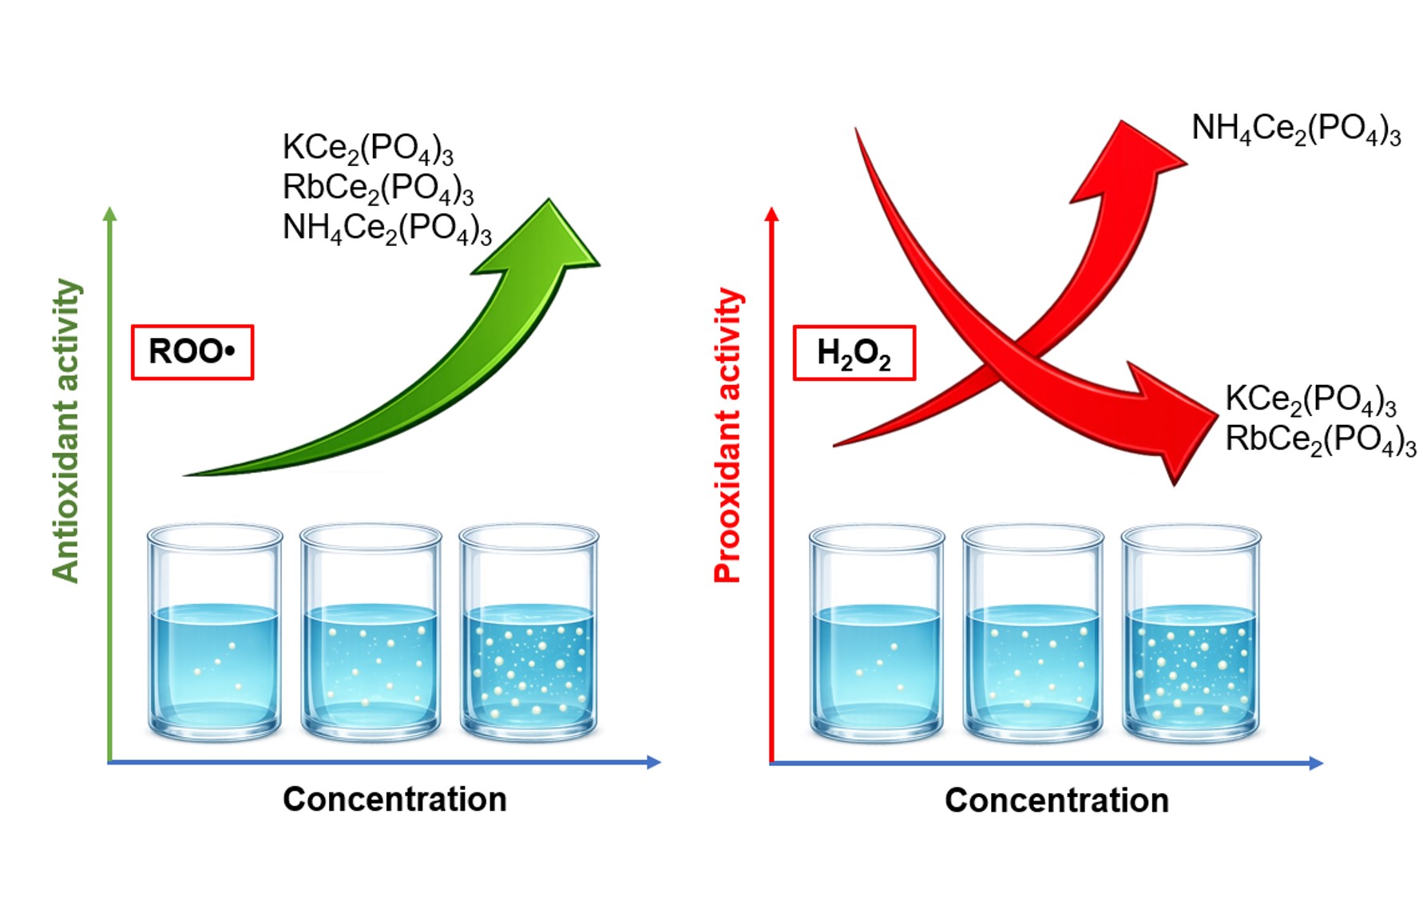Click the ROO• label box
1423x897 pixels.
192,352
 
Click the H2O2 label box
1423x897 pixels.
854,353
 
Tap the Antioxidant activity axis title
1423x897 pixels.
66,431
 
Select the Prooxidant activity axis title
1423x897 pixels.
727,435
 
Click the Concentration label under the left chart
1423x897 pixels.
394,799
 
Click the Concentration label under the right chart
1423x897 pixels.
1056,800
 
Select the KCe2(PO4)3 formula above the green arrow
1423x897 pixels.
367,149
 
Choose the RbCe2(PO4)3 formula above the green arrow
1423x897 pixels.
378,189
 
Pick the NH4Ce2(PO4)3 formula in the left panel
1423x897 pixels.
386,228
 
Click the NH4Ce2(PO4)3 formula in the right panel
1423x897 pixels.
1296,129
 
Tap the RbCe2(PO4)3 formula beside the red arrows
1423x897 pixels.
1321,439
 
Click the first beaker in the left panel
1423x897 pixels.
215,632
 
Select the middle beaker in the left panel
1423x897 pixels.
371,632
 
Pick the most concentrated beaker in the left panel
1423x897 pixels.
529,632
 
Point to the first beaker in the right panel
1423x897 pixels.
877,633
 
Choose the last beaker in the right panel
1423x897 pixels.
1191,633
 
